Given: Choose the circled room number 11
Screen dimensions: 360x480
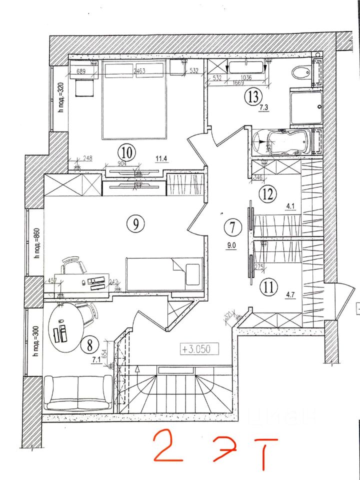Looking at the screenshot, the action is [x=269, y=287].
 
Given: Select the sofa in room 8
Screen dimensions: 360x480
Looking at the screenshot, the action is [x=78, y=392].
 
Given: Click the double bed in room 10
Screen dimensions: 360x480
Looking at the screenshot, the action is [x=134, y=100].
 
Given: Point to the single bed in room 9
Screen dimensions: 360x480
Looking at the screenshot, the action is [x=164, y=273].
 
